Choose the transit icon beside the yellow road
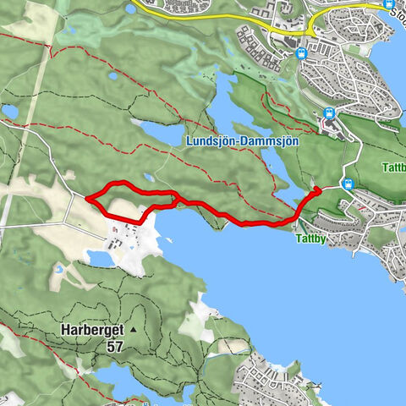pos(301,54)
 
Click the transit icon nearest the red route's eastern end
pos(347,183)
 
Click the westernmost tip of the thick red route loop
pos(87,198)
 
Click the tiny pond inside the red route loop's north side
pos(149,178)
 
